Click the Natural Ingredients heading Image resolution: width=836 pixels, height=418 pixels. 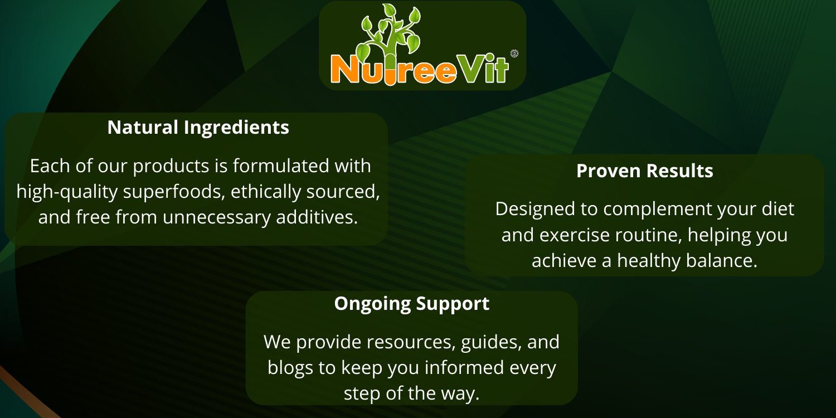pos(198,128)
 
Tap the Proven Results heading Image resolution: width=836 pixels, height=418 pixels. pos(644,171)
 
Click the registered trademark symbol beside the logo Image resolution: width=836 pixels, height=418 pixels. pos(514,54)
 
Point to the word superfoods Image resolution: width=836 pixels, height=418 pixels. pos(174,192)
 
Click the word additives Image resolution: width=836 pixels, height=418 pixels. pos(317,217)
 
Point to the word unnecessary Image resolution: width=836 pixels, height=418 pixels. pos(217,218)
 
